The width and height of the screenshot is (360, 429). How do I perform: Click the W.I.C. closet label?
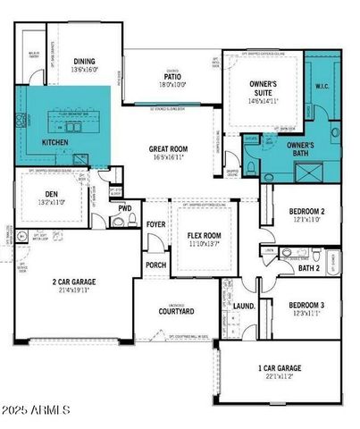pos(322,87)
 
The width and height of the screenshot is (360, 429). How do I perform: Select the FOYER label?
pos(157,225)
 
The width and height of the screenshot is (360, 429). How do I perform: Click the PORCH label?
pos(155,265)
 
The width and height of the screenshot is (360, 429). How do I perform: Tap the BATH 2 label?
pos(309,267)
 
